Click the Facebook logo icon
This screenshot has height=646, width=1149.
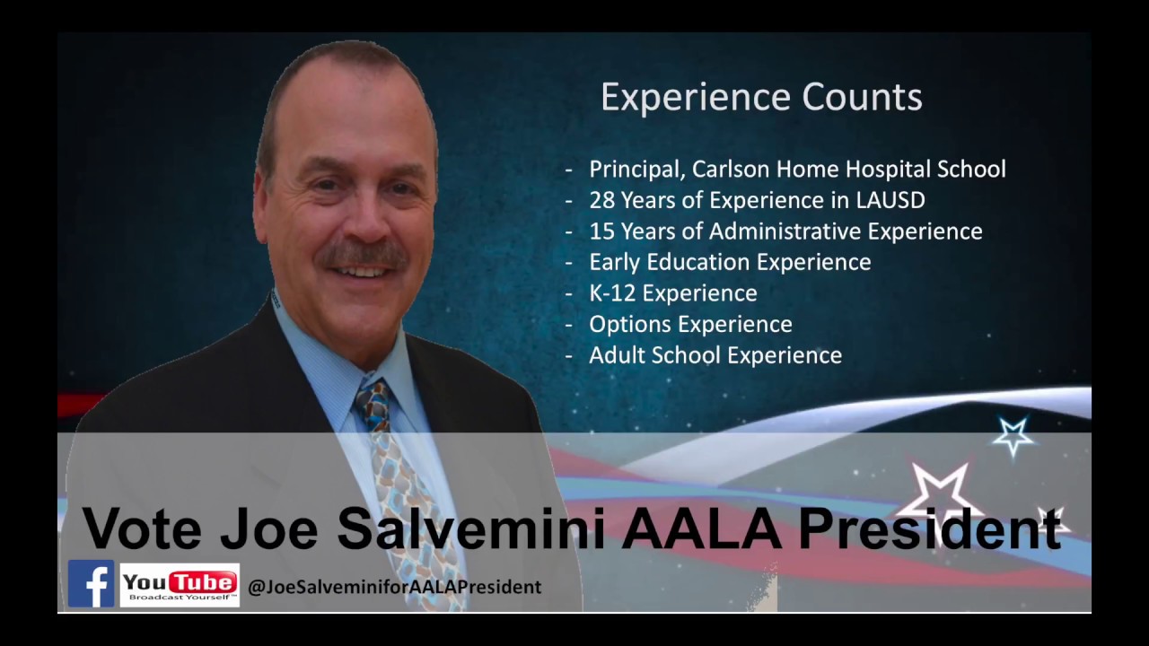(91, 584)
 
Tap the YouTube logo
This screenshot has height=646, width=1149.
(180, 585)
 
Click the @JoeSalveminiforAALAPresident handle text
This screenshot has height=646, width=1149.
(394, 587)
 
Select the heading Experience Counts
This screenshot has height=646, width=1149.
(761, 97)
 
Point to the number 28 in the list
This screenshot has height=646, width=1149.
(602, 200)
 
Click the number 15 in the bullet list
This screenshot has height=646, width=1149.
(601, 231)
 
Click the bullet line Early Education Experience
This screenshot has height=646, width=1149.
(729, 262)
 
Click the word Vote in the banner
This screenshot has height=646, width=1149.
(143, 528)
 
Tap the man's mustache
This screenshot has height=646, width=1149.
(364, 255)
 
